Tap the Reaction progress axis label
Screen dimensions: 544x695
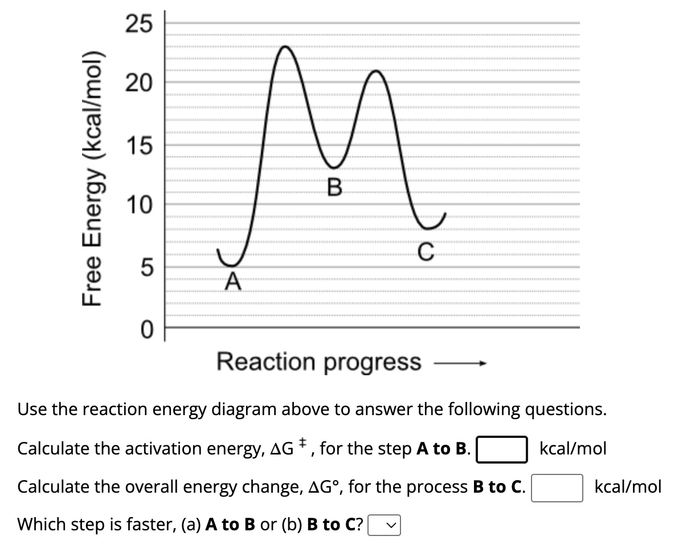click(x=318, y=362)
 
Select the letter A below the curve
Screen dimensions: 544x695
click(x=232, y=281)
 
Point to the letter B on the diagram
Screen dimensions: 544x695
click(x=335, y=186)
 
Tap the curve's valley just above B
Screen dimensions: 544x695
click(x=335, y=167)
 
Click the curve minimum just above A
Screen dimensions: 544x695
click(x=231, y=265)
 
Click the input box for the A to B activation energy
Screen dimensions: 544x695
click(x=501, y=449)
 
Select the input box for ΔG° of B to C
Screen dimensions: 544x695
click(x=557, y=488)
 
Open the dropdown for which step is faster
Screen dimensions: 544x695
click(x=385, y=525)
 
